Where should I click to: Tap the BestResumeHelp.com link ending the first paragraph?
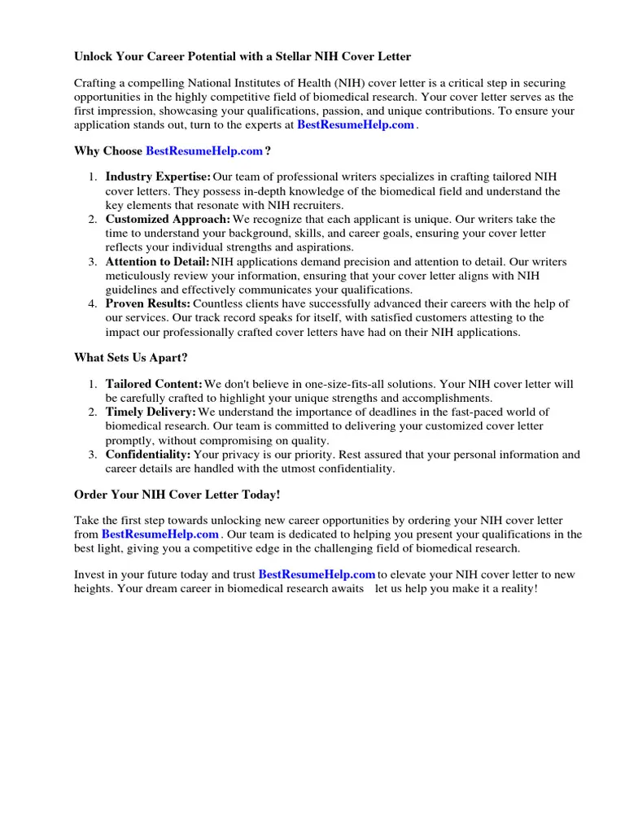tap(356, 125)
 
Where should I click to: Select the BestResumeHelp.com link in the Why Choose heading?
tap(204, 151)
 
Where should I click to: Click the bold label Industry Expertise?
tap(158, 177)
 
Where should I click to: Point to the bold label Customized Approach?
tap(168, 220)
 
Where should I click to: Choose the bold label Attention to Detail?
tap(157, 262)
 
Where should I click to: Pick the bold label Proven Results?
tap(148, 304)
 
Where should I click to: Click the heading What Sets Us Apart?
tap(130, 357)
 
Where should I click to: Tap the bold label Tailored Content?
tap(154, 383)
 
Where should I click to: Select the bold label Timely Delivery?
tap(151, 412)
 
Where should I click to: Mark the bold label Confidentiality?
tap(148, 455)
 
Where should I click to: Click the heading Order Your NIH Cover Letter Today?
tap(177, 495)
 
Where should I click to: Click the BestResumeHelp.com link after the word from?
tap(160, 534)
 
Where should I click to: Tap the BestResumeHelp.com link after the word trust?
tap(317, 575)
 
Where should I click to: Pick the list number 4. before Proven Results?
tap(92, 304)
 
